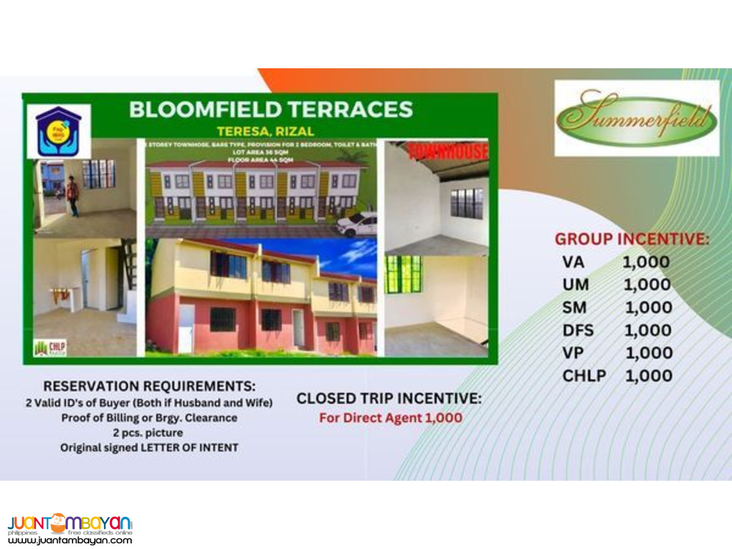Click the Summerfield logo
point(636,118)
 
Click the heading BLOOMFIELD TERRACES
point(271,109)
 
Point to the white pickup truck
point(356,225)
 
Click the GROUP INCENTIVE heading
point(632,239)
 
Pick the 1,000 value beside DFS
point(648,330)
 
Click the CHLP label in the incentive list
point(584,376)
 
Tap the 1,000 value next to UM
point(647,284)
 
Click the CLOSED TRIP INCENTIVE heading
point(389,399)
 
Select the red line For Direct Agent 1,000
point(390,419)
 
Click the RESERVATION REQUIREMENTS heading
point(149,385)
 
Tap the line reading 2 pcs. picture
point(148,433)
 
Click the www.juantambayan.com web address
point(70,540)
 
